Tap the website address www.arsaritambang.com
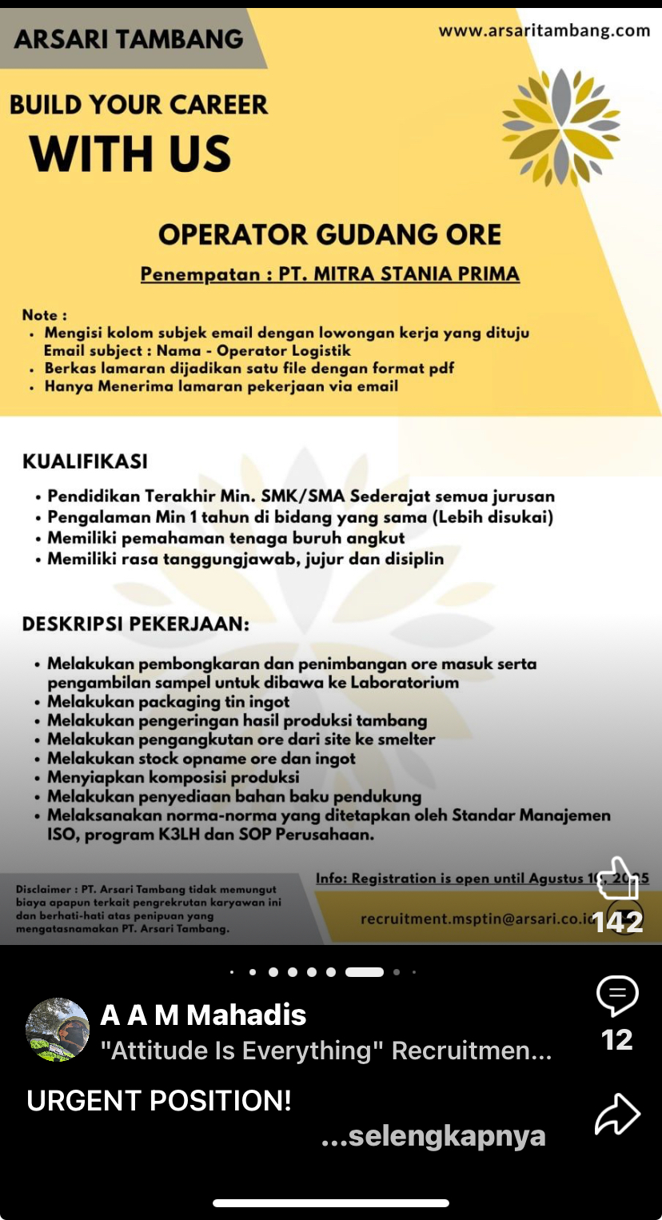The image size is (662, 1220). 544,31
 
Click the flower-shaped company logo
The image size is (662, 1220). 560,128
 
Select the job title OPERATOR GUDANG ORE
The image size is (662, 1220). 329,234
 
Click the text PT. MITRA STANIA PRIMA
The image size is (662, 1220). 399,274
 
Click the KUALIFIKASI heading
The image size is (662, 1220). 85,461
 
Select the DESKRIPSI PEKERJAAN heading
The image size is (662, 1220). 135,624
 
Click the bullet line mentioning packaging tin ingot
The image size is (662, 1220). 168,701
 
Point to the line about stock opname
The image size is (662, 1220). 201,758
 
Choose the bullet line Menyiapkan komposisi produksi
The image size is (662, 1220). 173,776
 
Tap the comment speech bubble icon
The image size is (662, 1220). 617,996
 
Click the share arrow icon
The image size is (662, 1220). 617,1114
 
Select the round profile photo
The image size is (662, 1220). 58,1029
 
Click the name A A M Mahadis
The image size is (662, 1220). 203,1015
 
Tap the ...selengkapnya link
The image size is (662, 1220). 433,1136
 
